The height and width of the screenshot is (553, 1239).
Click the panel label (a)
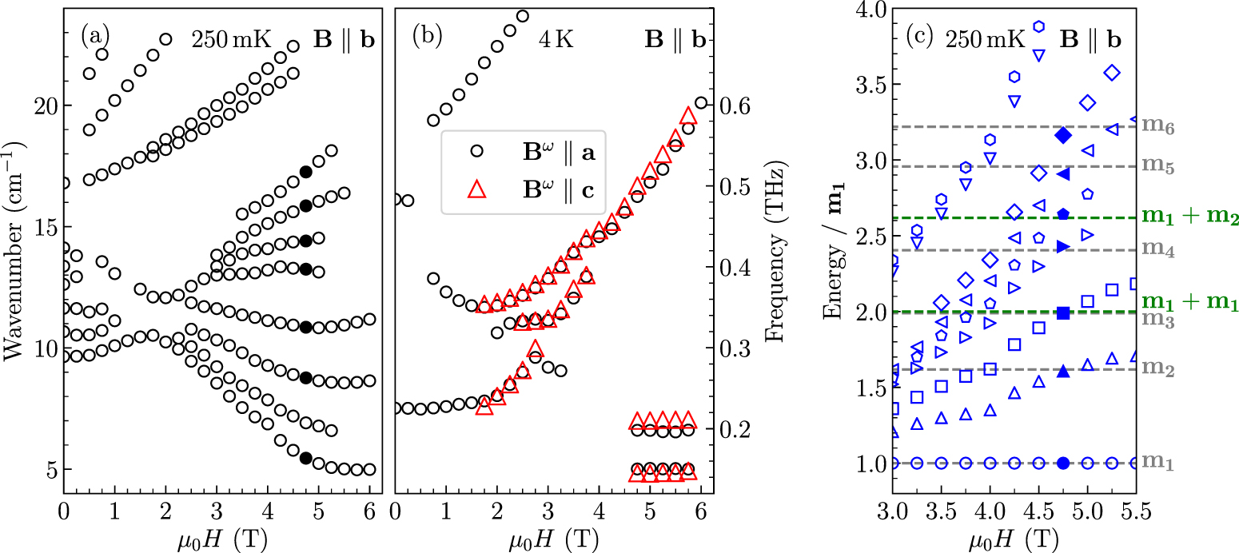[x=95, y=36]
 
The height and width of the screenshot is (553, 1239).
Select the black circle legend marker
[x=476, y=151]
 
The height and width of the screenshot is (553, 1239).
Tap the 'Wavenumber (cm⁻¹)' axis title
[x=14, y=257]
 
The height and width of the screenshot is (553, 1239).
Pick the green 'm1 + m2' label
[x=1189, y=218]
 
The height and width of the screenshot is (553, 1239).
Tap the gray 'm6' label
[x=1155, y=127]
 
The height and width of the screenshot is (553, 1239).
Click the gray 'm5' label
[x=1155, y=165]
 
